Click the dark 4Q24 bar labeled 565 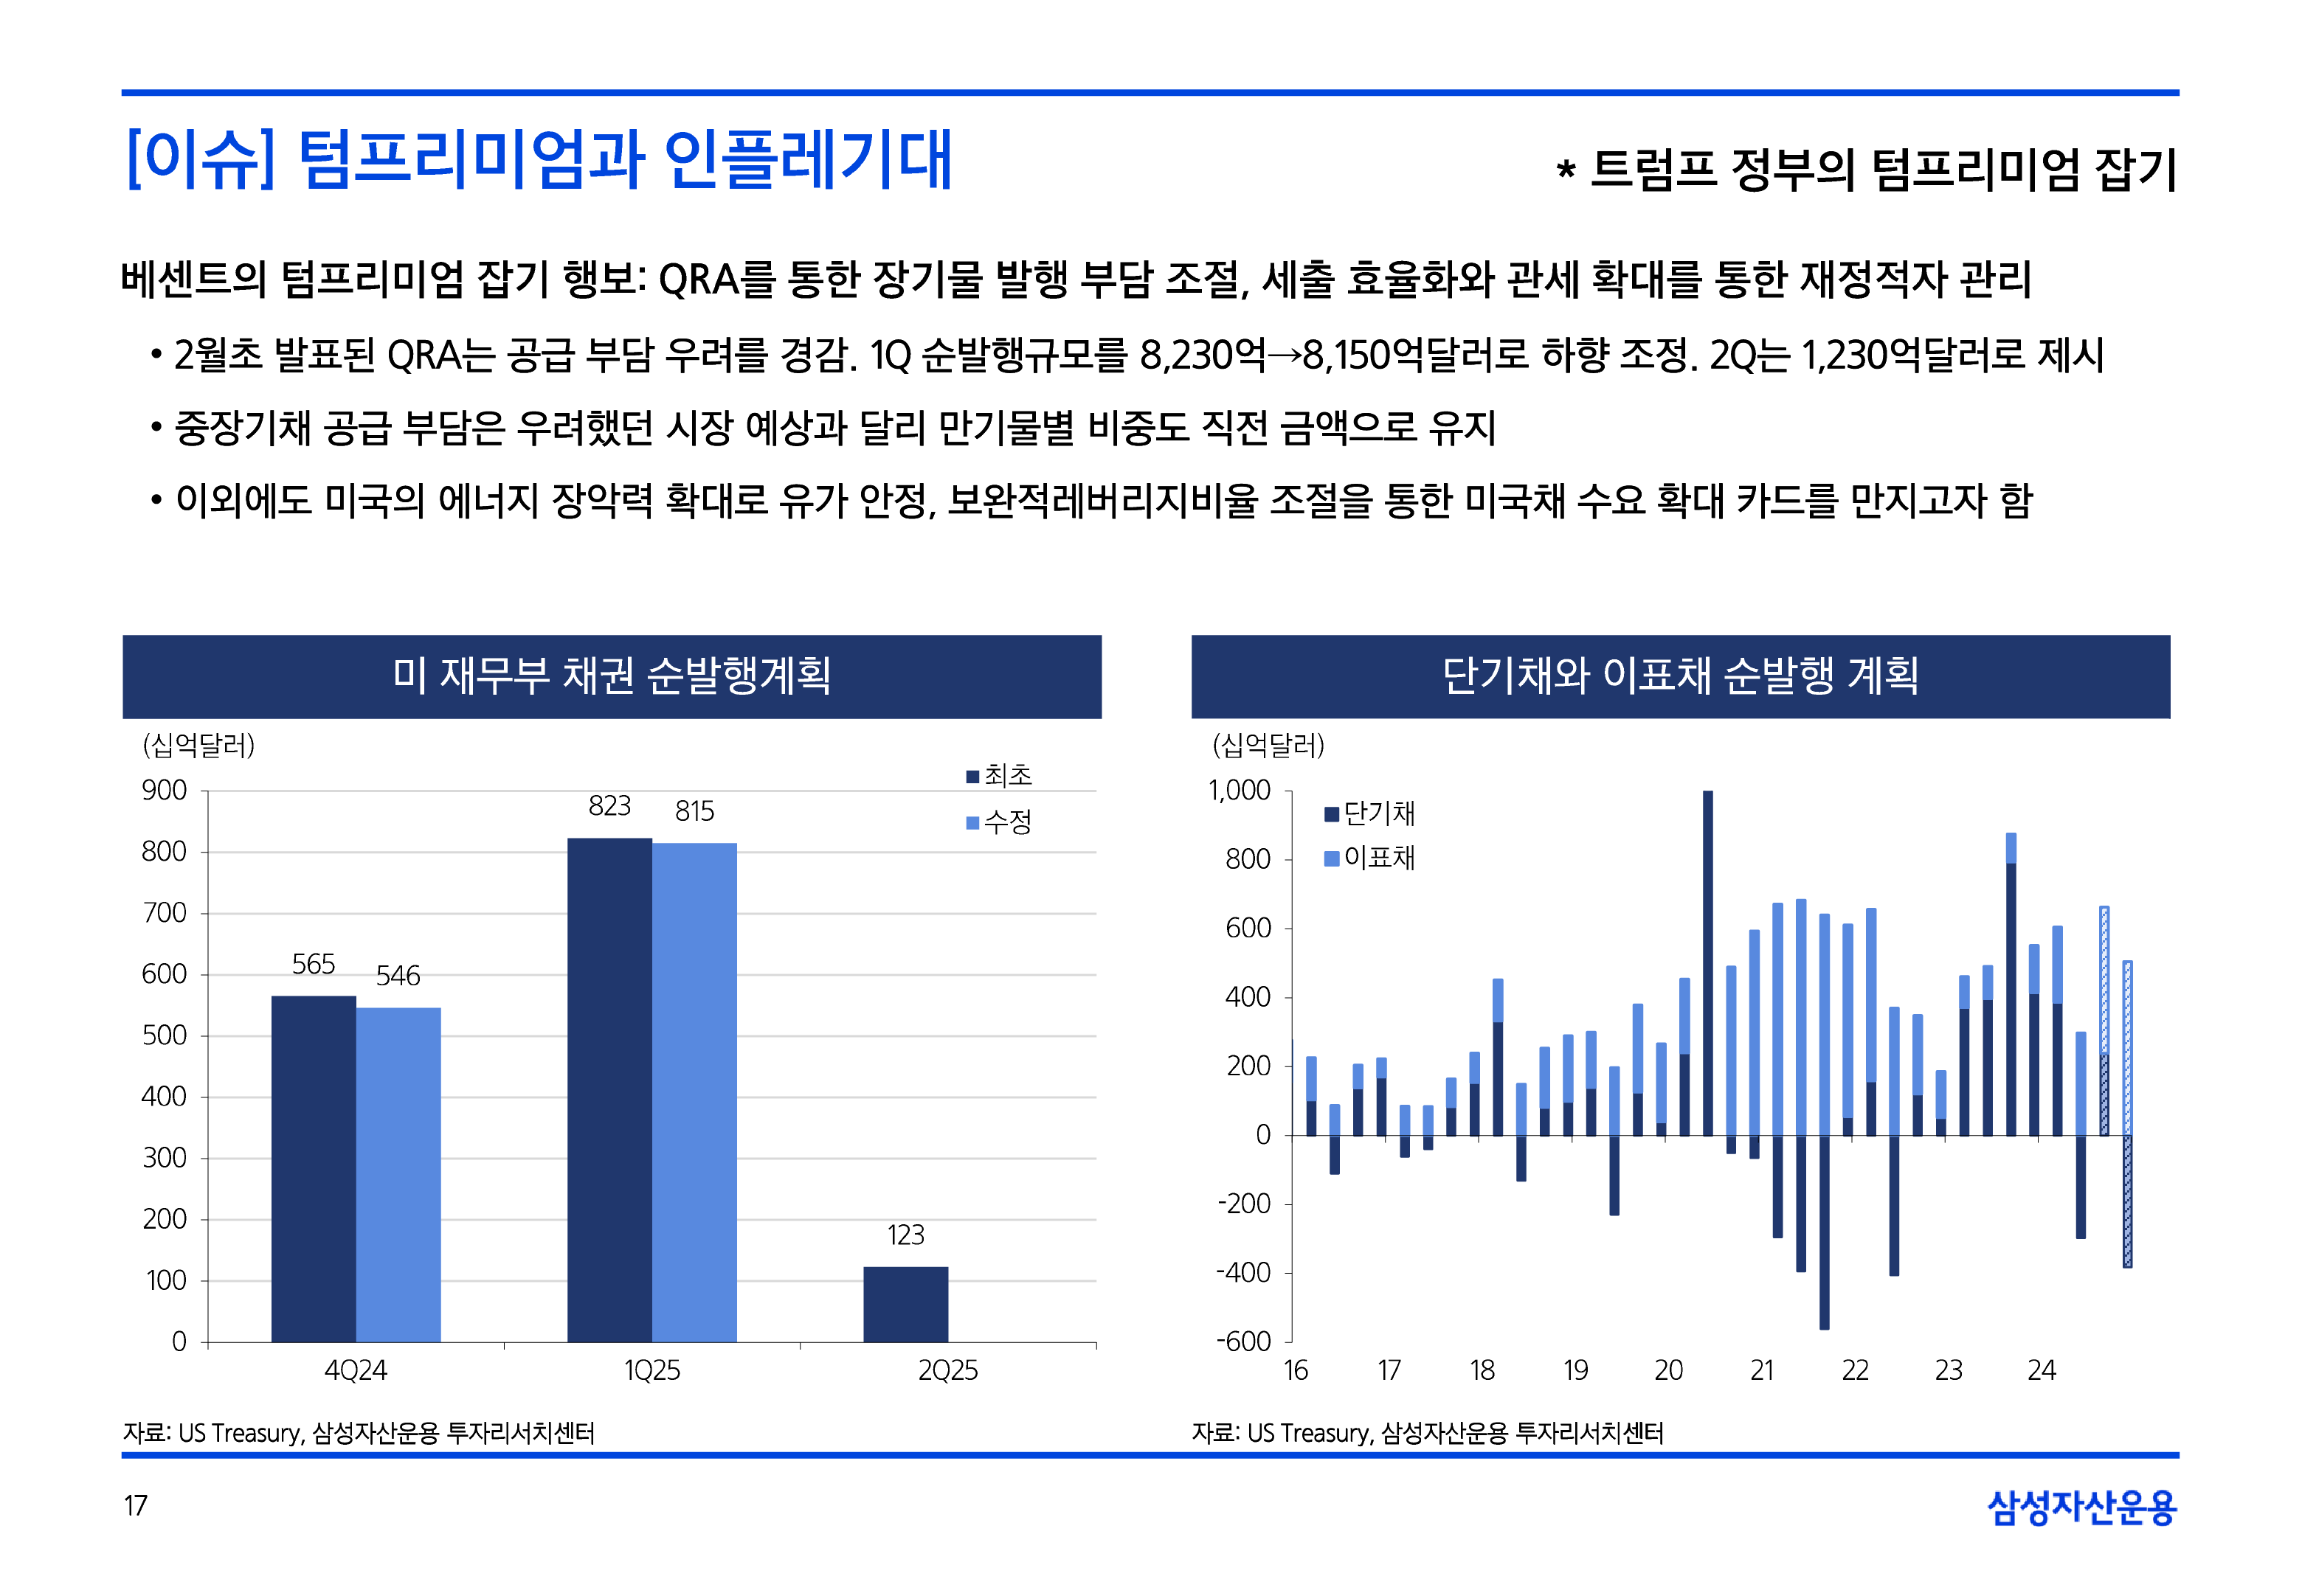tap(314, 1167)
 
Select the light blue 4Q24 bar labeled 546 tap(398, 1174)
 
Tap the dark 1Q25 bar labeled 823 tap(609, 1089)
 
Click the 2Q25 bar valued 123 tap(905, 1304)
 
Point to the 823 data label tap(609, 805)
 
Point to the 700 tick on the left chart tap(165, 912)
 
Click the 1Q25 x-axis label tap(652, 1370)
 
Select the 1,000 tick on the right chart tap(1239, 791)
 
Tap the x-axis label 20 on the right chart tap(1668, 1370)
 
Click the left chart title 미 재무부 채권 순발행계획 tap(612, 676)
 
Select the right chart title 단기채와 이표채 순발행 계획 tap(1680, 676)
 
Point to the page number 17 tap(136, 1505)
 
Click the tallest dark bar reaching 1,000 tap(1708, 963)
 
